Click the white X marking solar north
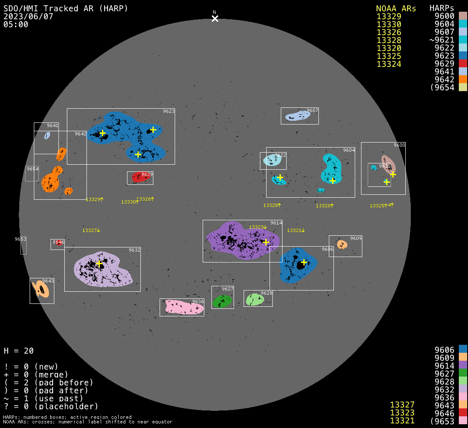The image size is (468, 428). pyautogui.click(x=215, y=18)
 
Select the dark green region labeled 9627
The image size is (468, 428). pyautogui.click(x=222, y=301)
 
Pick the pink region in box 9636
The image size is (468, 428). pyautogui.click(x=184, y=307)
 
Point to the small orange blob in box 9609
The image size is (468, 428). pyautogui.click(x=342, y=244)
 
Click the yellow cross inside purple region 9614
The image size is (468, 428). pyautogui.click(x=266, y=242)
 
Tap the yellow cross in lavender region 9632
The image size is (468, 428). pyautogui.click(x=99, y=264)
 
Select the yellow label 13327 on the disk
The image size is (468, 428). pyautogui.click(x=90, y=230)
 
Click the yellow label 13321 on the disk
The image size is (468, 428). pyautogui.click(x=295, y=230)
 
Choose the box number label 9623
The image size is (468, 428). pyautogui.click(x=169, y=112)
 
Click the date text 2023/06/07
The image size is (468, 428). pyautogui.click(x=28, y=17)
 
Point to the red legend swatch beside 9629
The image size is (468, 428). pyautogui.click(x=463, y=64)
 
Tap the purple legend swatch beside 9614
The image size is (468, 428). pyautogui.click(x=463, y=365)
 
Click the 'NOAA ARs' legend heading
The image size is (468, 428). pyautogui.click(x=396, y=9)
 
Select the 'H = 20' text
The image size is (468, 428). pyautogui.click(x=19, y=351)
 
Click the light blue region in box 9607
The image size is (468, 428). pyautogui.click(x=298, y=116)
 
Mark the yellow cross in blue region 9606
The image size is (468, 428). pyautogui.click(x=304, y=262)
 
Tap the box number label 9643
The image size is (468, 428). pyautogui.click(x=48, y=281)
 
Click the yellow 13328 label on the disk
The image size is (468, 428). pyautogui.click(x=271, y=205)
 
